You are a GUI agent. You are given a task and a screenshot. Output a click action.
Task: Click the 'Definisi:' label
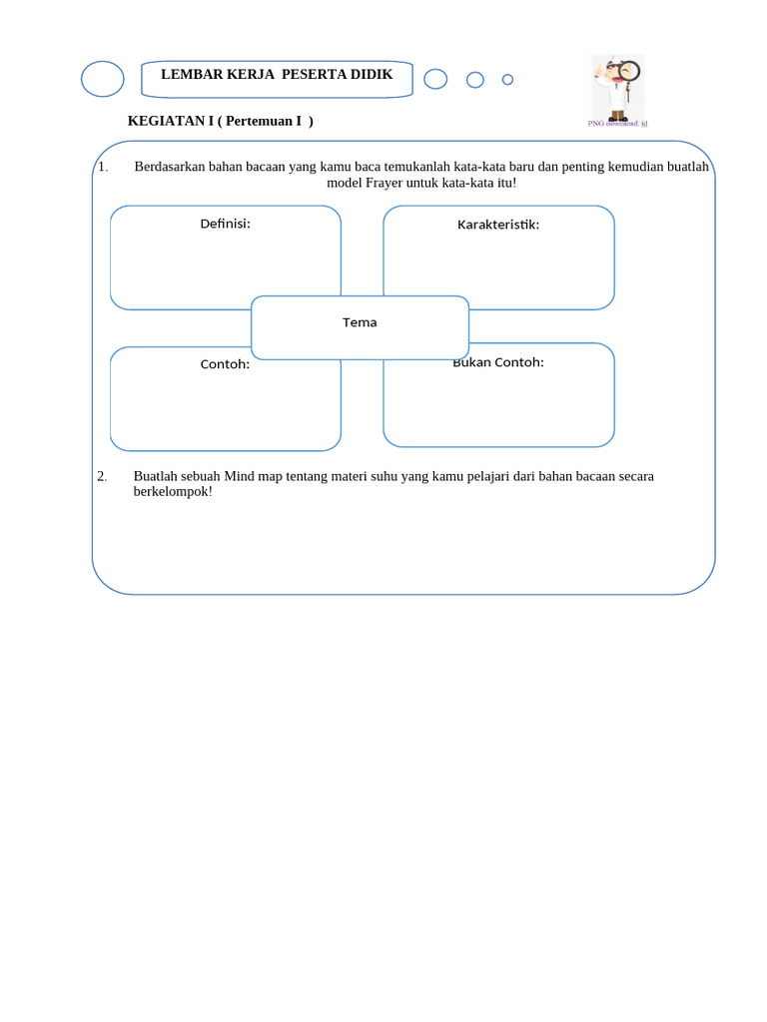coord(225,224)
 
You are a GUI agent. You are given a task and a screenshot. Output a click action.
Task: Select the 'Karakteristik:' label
coord(498,225)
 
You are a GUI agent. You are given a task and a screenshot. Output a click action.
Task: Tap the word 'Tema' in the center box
coord(360,322)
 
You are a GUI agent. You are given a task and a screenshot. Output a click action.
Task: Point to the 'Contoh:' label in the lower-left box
coord(225,364)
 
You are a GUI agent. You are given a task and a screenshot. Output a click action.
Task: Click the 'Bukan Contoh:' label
coord(498,362)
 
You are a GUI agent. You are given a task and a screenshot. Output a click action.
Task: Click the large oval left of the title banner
coord(103,79)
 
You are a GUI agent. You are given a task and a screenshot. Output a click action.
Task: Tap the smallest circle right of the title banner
coord(507,80)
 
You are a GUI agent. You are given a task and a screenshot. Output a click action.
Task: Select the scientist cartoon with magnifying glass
coord(618,88)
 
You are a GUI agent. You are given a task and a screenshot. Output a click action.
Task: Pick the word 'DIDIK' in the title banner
coord(372,75)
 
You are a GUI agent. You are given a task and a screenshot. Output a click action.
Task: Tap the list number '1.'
coord(103,167)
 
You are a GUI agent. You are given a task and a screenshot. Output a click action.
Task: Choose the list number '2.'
coord(102,476)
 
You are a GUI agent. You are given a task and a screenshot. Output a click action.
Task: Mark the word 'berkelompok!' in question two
coord(173,492)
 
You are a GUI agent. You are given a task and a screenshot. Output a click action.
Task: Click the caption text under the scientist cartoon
coord(617,124)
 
